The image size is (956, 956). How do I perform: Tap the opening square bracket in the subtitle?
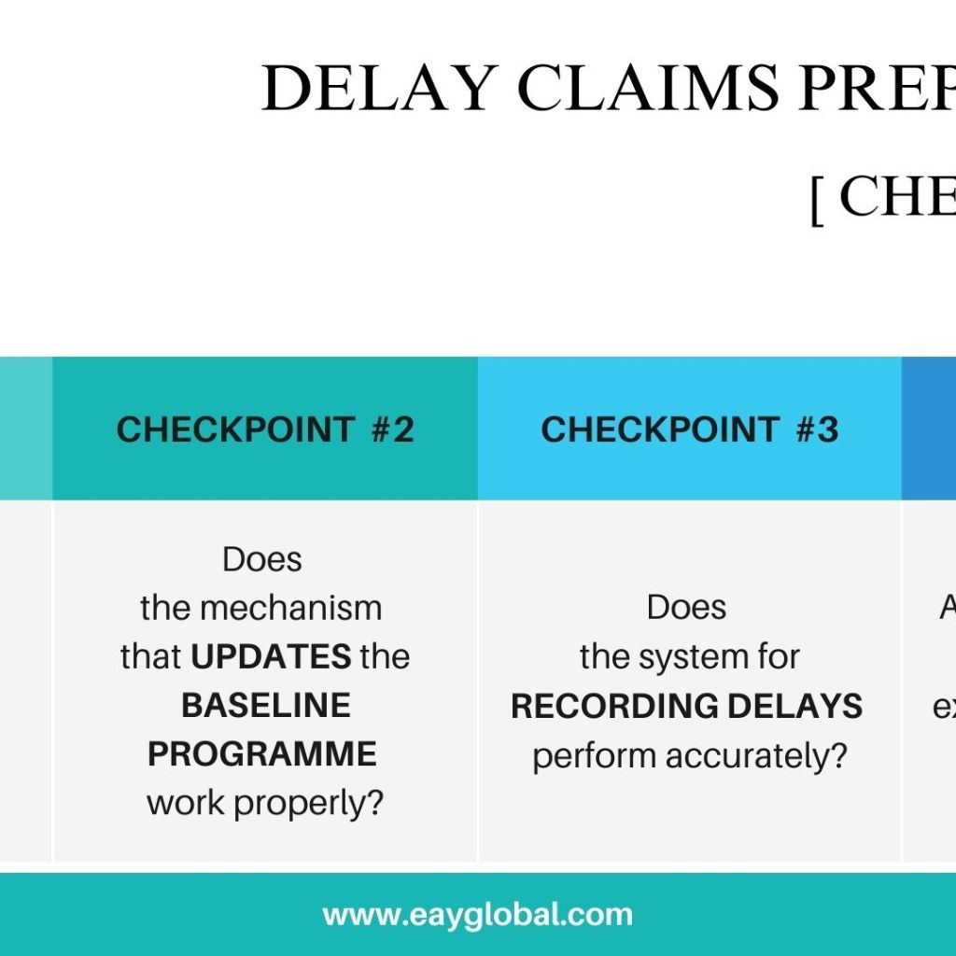tap(817, 199)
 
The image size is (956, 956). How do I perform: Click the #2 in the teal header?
tap(392, 429)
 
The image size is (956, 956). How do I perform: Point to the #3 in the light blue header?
tap(817, 429)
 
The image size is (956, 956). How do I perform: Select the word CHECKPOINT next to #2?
tap(234, 429)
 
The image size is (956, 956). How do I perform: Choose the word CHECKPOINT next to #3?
tap(659, 429)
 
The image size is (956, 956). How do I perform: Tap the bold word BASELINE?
tap(266, 705)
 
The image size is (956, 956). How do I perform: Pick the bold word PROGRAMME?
tap(262, 753)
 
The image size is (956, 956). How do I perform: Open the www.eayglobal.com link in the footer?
tap(477, 914)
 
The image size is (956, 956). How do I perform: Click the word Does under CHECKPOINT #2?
tap(262, 559)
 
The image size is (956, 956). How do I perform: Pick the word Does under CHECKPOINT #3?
tap(686, 608)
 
